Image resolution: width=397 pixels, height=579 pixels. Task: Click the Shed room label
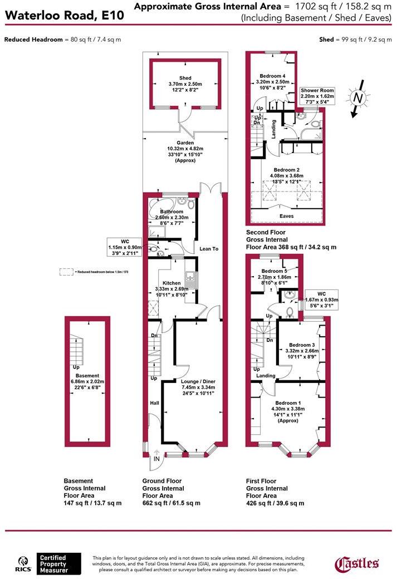click(185, 78)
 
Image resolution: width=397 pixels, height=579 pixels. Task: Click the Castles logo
click(357, 563)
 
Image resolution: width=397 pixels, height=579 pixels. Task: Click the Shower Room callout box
click(317, 96)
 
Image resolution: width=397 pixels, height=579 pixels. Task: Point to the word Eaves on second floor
click(287, 215)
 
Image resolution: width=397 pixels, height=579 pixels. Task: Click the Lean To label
click(208, 249)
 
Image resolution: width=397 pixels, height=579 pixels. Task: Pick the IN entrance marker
click(157, 458)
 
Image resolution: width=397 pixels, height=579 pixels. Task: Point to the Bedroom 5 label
click(273, 271)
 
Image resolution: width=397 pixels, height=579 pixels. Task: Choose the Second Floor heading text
click(266, 232)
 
